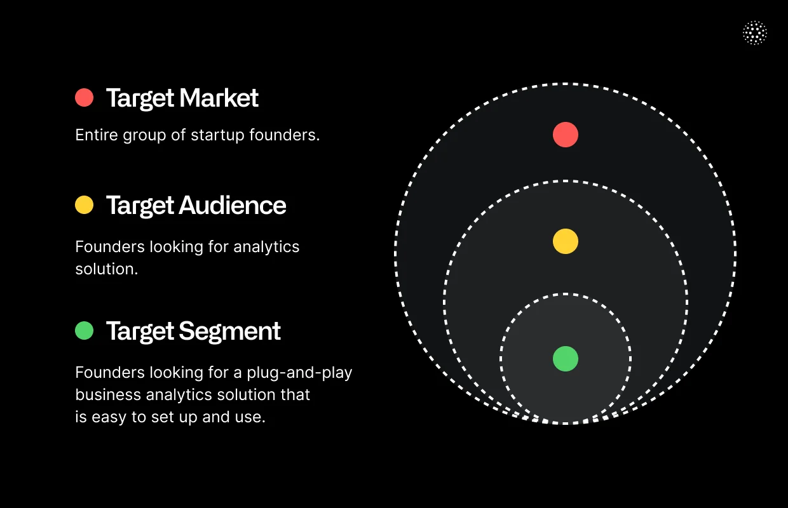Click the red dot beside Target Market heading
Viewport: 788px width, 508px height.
point(84,98)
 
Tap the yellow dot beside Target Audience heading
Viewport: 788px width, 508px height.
point(84,204)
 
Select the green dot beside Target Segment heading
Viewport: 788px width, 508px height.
point(84,330)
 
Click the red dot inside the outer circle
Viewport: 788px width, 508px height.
point(565,135)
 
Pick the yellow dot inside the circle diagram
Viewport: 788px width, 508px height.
point(565,241)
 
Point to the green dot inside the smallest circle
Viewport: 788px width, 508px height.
point(565,359)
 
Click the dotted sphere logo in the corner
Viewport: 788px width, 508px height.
point(754,33)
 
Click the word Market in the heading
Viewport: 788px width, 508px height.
point(219,98)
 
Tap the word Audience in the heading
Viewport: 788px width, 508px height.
point(233,204)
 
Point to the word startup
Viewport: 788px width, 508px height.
point(219,135)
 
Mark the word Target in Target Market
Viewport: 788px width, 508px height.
point(140,98)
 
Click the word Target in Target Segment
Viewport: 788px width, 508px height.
point(140,331)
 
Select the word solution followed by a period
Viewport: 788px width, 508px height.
point(105,269)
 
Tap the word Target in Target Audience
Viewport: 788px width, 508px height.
point(140,204)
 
